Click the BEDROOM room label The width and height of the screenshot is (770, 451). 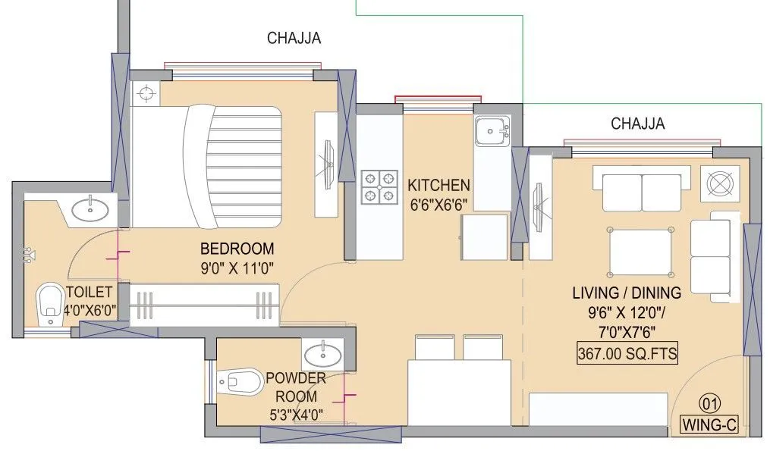coord(237,249)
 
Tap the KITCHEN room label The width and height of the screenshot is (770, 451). coord(438,185)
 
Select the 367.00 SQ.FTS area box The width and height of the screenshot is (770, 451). coord(627,352)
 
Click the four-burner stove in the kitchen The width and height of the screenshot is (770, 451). coord(379,187)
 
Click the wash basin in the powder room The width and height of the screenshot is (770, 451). coord(325,353)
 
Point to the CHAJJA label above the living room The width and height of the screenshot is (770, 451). coord(637,124)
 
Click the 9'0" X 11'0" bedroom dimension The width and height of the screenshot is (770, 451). coord(237,267)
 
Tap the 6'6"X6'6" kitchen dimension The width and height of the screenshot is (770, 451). coord(438,203)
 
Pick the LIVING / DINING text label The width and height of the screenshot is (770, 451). coord(627,292)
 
